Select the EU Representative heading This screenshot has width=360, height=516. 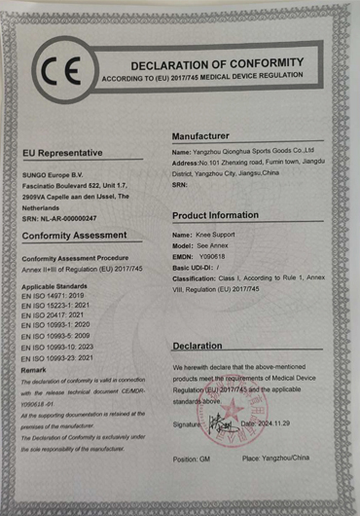pyautogui.click(x=62, y=153)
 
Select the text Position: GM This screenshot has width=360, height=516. pyautogui.click(x=193, y=458)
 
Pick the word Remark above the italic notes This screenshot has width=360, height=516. pyautogui.click(x=33, y=371)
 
